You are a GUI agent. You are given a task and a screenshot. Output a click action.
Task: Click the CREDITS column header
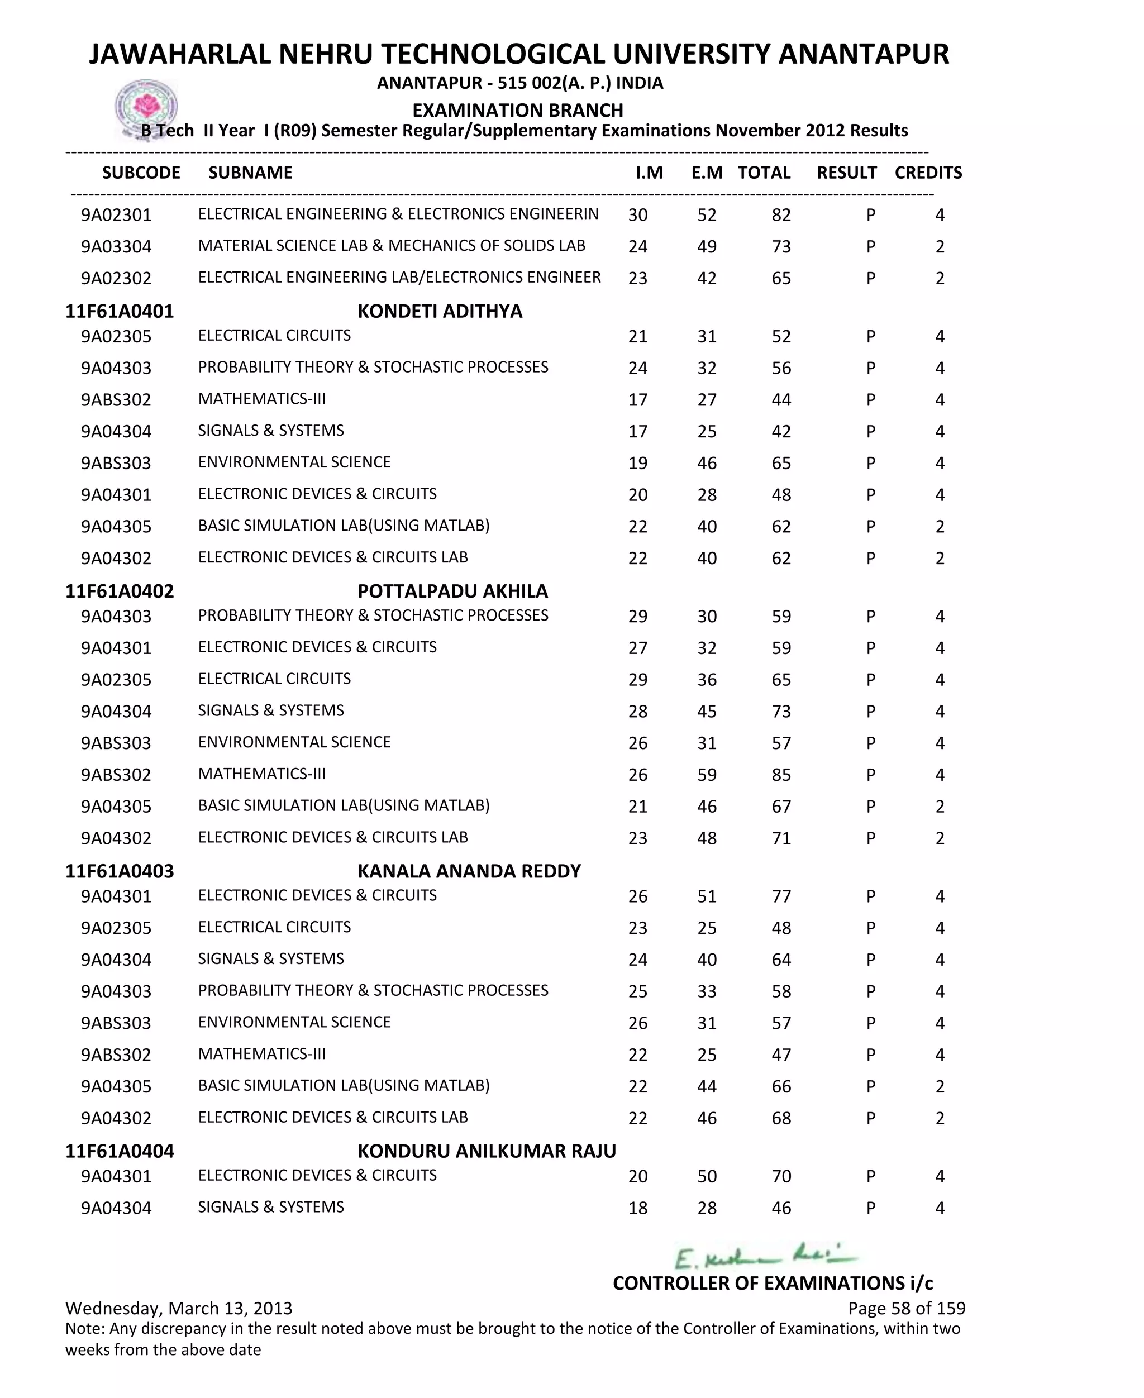[928, 173]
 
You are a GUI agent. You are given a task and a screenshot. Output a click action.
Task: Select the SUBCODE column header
[141, 173]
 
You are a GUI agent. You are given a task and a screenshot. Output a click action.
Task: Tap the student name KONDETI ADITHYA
[440, 311]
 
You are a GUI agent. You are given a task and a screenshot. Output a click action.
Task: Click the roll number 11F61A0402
[120, 591]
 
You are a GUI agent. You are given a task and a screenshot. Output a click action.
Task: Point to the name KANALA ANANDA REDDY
[469, 871]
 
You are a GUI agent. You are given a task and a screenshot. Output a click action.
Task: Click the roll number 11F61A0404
[120, 1151]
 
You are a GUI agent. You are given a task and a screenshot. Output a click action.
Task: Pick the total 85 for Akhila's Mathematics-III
[781, 775]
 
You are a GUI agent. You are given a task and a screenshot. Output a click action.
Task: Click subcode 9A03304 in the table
[116, 246]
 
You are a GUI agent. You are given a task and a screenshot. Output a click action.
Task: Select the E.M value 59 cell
[707, 775]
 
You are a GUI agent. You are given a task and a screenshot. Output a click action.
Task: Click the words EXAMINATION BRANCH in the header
[517, 110]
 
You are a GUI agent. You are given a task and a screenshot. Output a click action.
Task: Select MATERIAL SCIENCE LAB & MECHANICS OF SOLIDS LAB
[392, 246]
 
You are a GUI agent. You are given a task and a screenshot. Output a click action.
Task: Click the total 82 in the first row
[781, 215]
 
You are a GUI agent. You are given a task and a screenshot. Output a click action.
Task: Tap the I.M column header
[649, 173]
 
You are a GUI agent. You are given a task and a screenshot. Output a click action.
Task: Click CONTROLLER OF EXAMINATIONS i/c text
[773, 1283]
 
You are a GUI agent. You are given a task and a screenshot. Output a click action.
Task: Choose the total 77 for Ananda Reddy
[781, 896]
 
